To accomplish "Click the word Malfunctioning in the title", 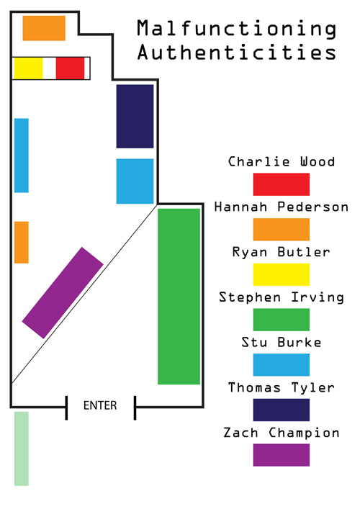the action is pyautogui.click(x=237, y=29).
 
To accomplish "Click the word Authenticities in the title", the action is pyautogui.click(x=237, y=53).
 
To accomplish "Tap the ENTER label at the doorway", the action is pyautogui.click(x=100, y=405).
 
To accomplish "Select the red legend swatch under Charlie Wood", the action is pyautogui.click(x=281, y=184).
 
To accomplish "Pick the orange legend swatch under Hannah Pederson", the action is pyautogui.click(x=281, y=230).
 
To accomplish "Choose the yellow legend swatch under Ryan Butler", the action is pyautogui.click(x=281, y=274).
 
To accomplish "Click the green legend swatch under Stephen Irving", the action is pyautogui.click(x=281, y=320).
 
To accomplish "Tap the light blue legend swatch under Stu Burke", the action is pyautogui.click(x=281, y=365).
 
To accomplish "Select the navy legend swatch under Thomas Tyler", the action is pyautogui.click(x=281, y=410).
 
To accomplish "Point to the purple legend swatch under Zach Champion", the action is pyautogui.click(x=281, y=455).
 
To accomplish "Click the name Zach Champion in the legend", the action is pyautogui.click(x=281, y=433).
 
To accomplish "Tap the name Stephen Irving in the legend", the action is pyautogui.click(x=281, y=298).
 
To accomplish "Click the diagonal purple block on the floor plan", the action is pyautogui.click(x=63, y=293).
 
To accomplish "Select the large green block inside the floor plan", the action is pyautogui.click(x=179, y=297).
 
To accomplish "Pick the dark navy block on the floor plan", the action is pyautogui.click(x=135, y=117).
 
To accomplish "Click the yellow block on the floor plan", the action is pyautogui.click(x=28, y=68).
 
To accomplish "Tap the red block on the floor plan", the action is pyautogui.click(x=70, y=68).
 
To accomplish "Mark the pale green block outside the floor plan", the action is pyautogui.click(x=22, y=449).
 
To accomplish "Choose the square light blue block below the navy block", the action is pyautogui.click(x=135, y=181).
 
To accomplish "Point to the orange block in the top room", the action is pyautogui.click(x=44, y=28).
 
